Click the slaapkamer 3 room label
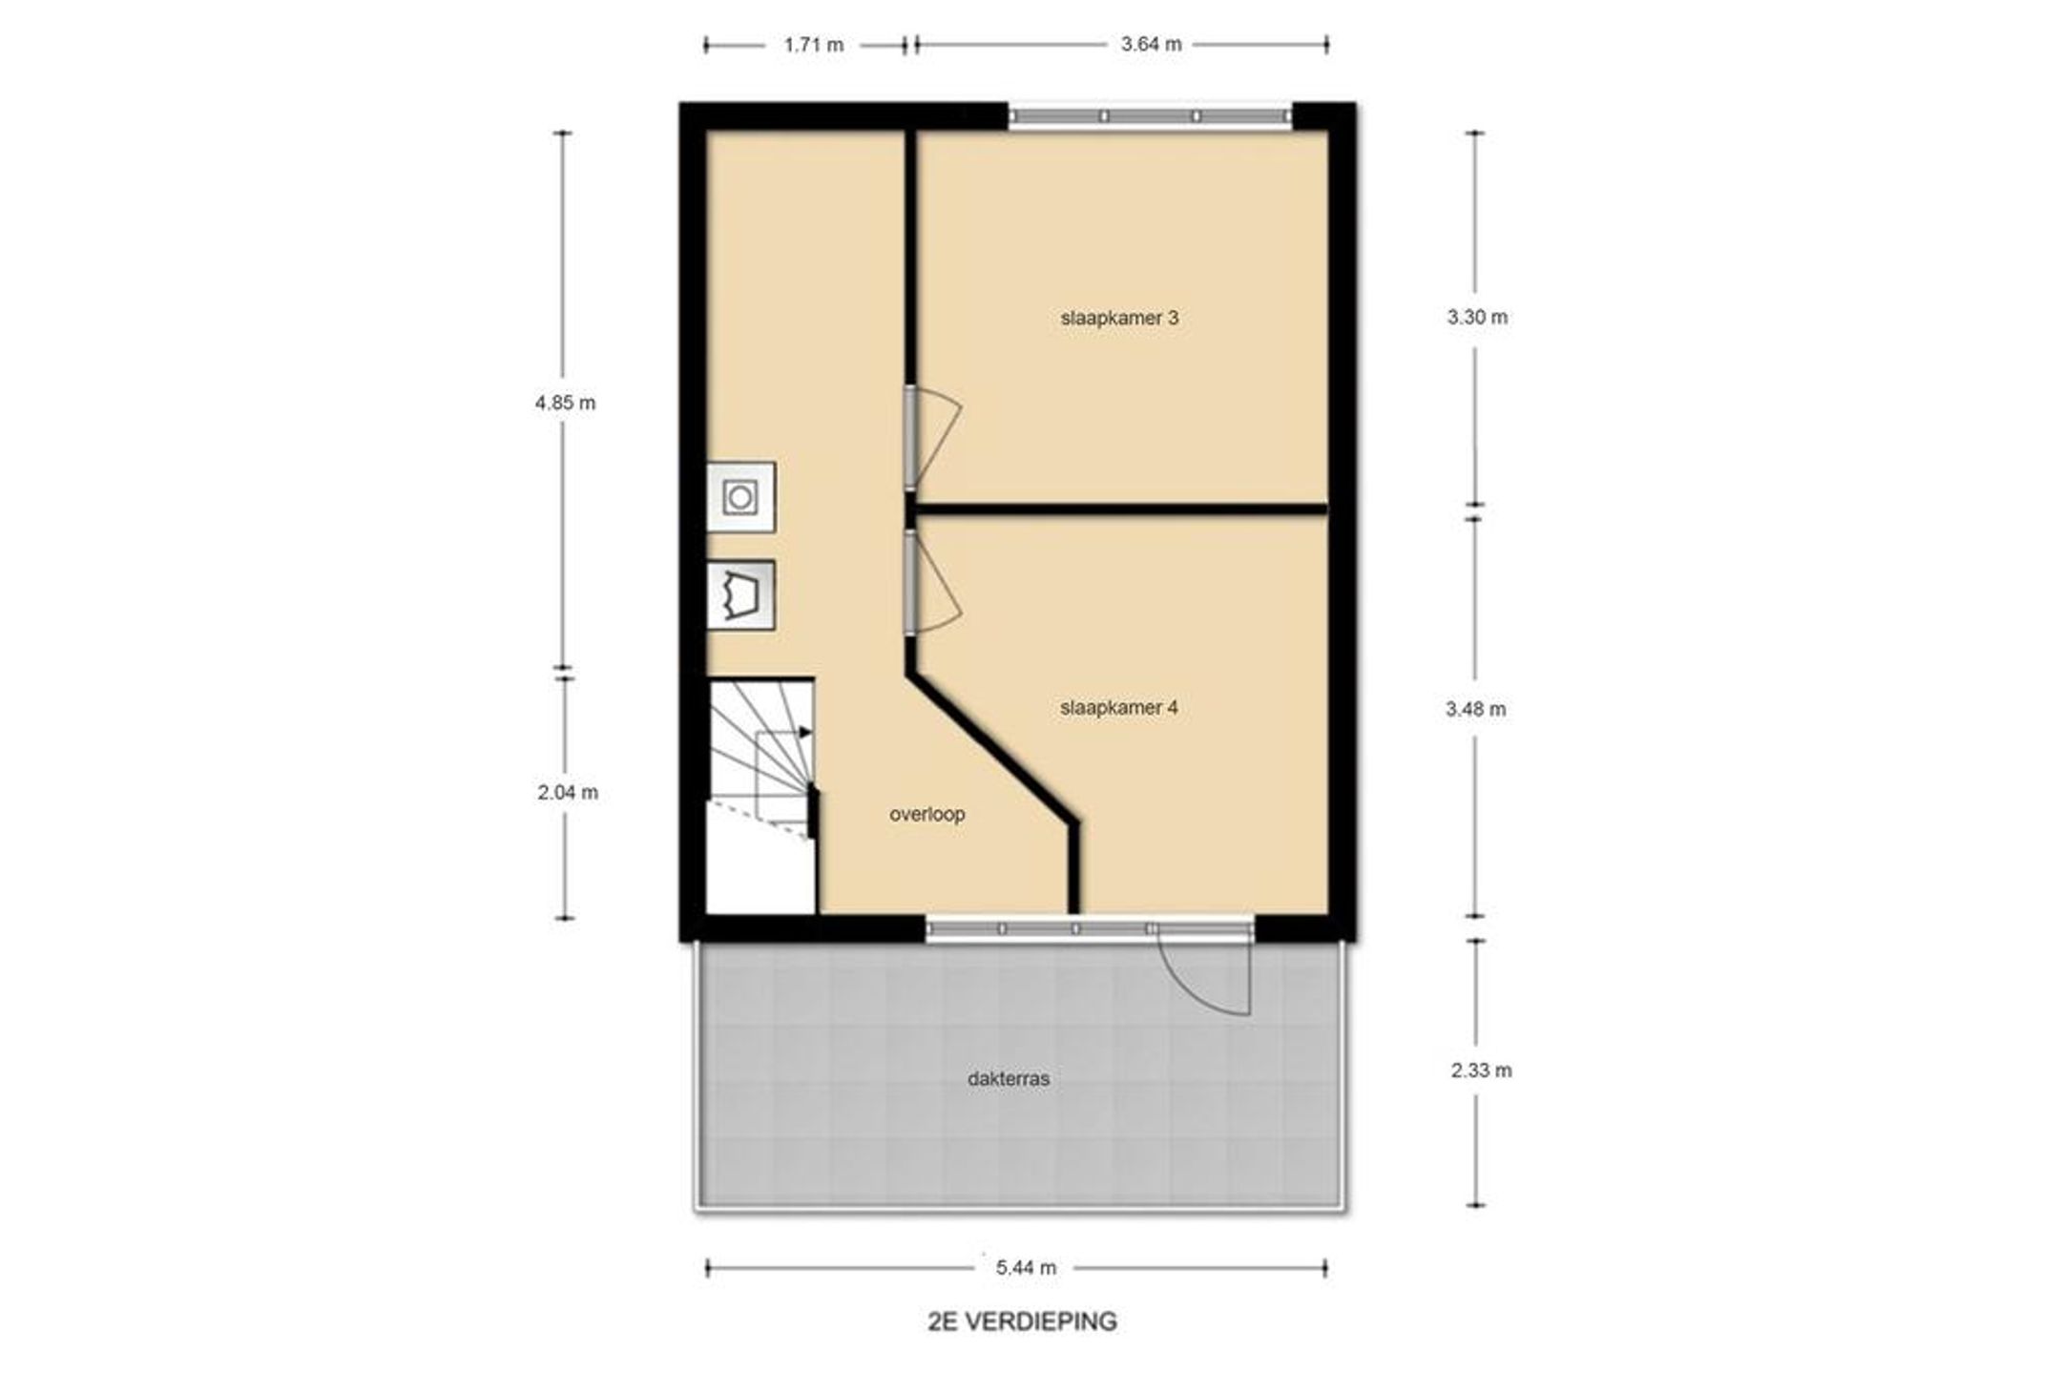coord(1119,318)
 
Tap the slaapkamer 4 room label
coord(1118,708)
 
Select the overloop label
coord(927,814)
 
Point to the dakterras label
coord(1009,1079)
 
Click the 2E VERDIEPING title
coord(1022,1321)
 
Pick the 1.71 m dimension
coord(814,45)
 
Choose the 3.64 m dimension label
coord(1152,44)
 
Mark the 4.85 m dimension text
coord(565,403)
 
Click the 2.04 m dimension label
coord(568,793)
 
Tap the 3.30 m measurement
coord(1477,318)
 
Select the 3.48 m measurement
coord(1476,709)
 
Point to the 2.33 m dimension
coord(1482,1071)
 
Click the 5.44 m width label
coord(1027,1268)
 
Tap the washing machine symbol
coord(740,497)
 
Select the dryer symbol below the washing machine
coord(740,596)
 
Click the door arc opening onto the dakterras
coord(1193,992)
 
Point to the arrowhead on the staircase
coord(806,732)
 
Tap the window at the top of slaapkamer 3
coord(1151,116)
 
